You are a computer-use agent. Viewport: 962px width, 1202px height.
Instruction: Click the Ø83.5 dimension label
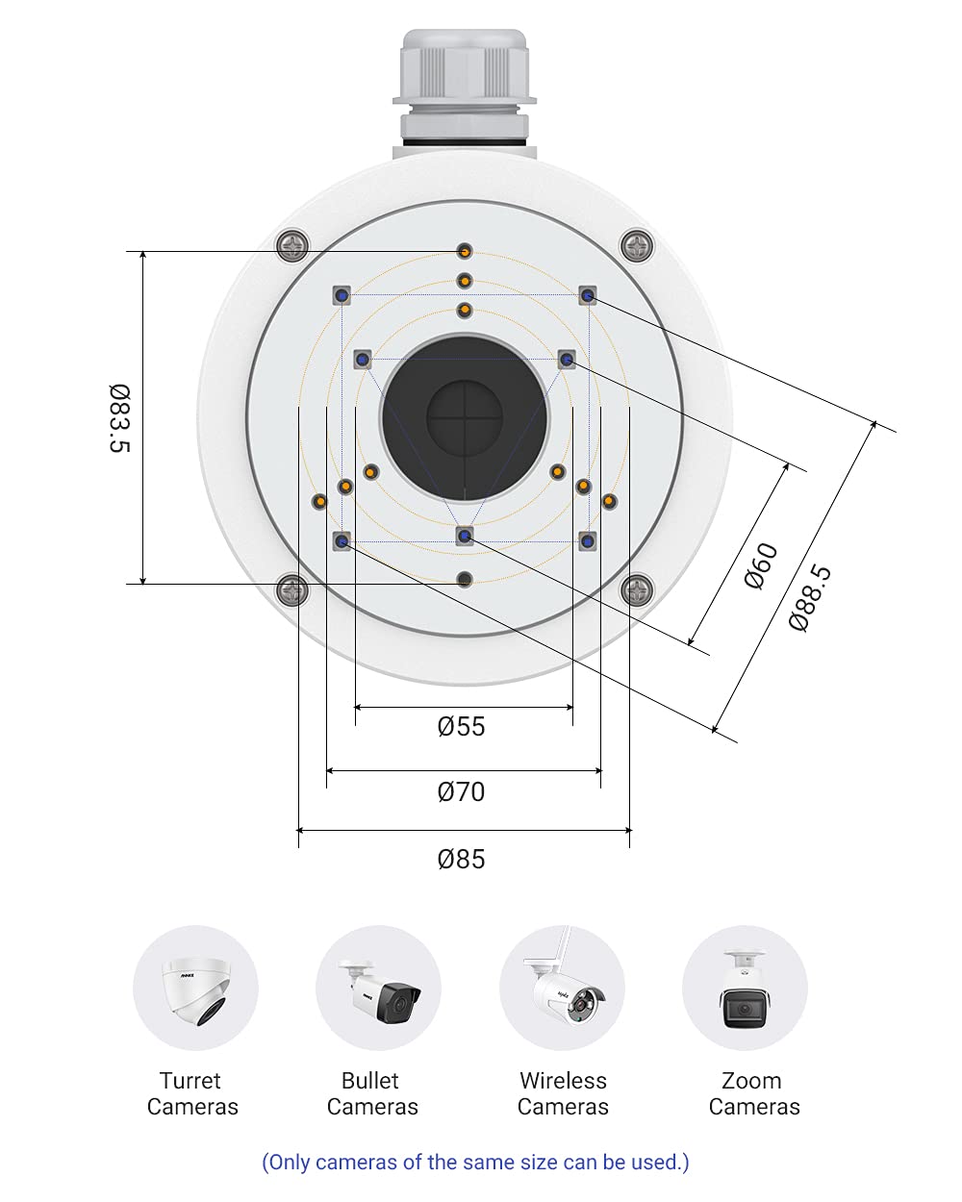119,417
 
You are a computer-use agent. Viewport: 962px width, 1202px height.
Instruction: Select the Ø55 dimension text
461,727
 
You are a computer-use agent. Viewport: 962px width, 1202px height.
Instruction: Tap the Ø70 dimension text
461,792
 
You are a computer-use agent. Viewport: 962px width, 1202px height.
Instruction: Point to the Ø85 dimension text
461,859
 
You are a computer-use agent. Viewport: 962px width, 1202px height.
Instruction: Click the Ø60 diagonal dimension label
760,565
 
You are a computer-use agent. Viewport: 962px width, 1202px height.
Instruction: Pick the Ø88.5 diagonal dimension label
809,598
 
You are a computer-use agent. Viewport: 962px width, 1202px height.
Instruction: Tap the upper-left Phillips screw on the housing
292,245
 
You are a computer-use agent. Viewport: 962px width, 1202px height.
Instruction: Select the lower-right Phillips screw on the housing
637,589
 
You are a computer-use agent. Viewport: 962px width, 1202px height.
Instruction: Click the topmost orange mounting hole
465,252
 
